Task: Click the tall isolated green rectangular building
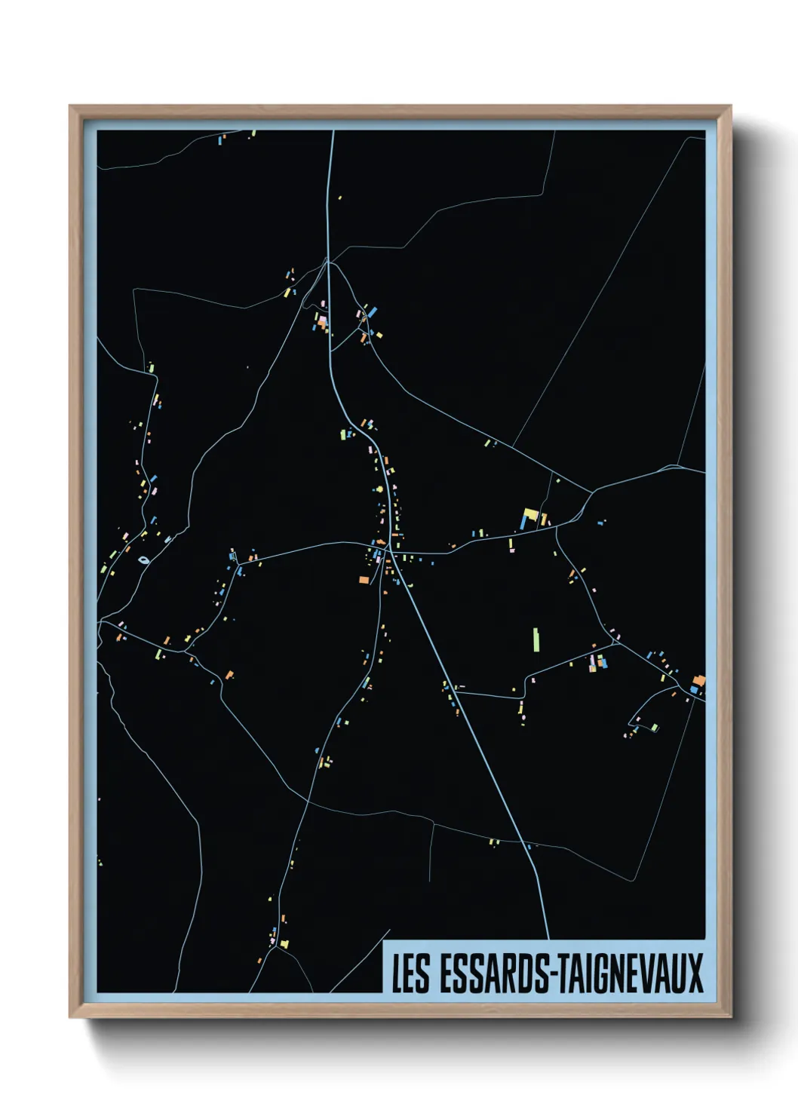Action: tap(536, 639)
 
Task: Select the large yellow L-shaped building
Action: tap(530, 515)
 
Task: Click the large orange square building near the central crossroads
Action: tap(364, 580)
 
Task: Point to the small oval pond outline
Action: tap(143, 560)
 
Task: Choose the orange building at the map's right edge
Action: tap(699, 680)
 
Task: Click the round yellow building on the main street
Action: tap(379, 489)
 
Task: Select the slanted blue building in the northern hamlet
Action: tap(371, 311)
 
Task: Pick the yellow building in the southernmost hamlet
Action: tap(284, 943)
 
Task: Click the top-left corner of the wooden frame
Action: tap(70, 106)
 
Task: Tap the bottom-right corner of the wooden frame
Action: tap(730, 1016)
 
